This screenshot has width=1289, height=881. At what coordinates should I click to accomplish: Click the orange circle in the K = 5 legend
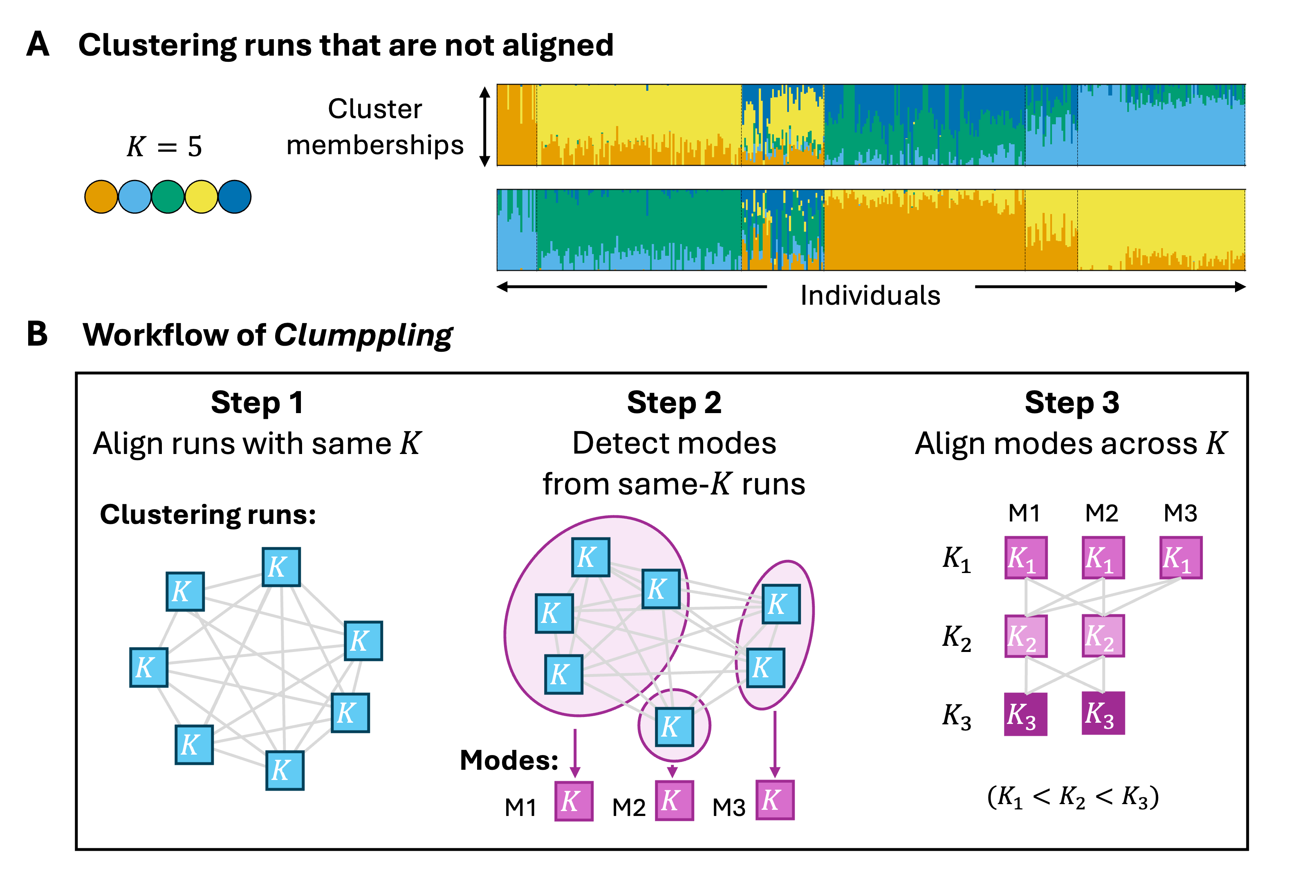pos(101,197)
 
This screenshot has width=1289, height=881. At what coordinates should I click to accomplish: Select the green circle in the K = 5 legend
pos(168,197)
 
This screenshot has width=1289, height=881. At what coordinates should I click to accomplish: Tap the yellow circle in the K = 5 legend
pos(201,197)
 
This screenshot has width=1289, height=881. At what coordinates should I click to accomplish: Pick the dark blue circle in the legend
pos(235,197)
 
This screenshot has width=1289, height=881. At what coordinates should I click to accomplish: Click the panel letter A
pos(38,45)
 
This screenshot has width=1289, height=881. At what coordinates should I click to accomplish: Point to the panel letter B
pos(37,335)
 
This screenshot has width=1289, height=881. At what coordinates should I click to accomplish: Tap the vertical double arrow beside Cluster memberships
pos(485,126)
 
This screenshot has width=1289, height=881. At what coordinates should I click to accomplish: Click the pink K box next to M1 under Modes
pos(574,800)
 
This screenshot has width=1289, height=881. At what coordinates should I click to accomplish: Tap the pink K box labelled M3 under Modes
pos(775,800)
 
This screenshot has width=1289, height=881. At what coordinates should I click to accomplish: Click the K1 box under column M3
pos(1181,557)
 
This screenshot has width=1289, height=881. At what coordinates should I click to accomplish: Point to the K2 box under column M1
pos(1026,636)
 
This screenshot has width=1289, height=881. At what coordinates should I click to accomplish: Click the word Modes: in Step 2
pos(509,760)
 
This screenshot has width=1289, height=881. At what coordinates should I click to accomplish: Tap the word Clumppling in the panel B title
pos(363,335)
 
